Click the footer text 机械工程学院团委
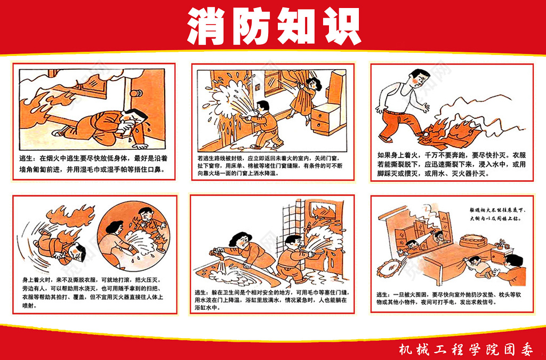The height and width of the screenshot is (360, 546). coord(465,349)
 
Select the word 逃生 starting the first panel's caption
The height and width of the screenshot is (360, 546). coord(27,159)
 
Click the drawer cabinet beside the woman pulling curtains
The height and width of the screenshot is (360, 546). coord(327,118)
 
